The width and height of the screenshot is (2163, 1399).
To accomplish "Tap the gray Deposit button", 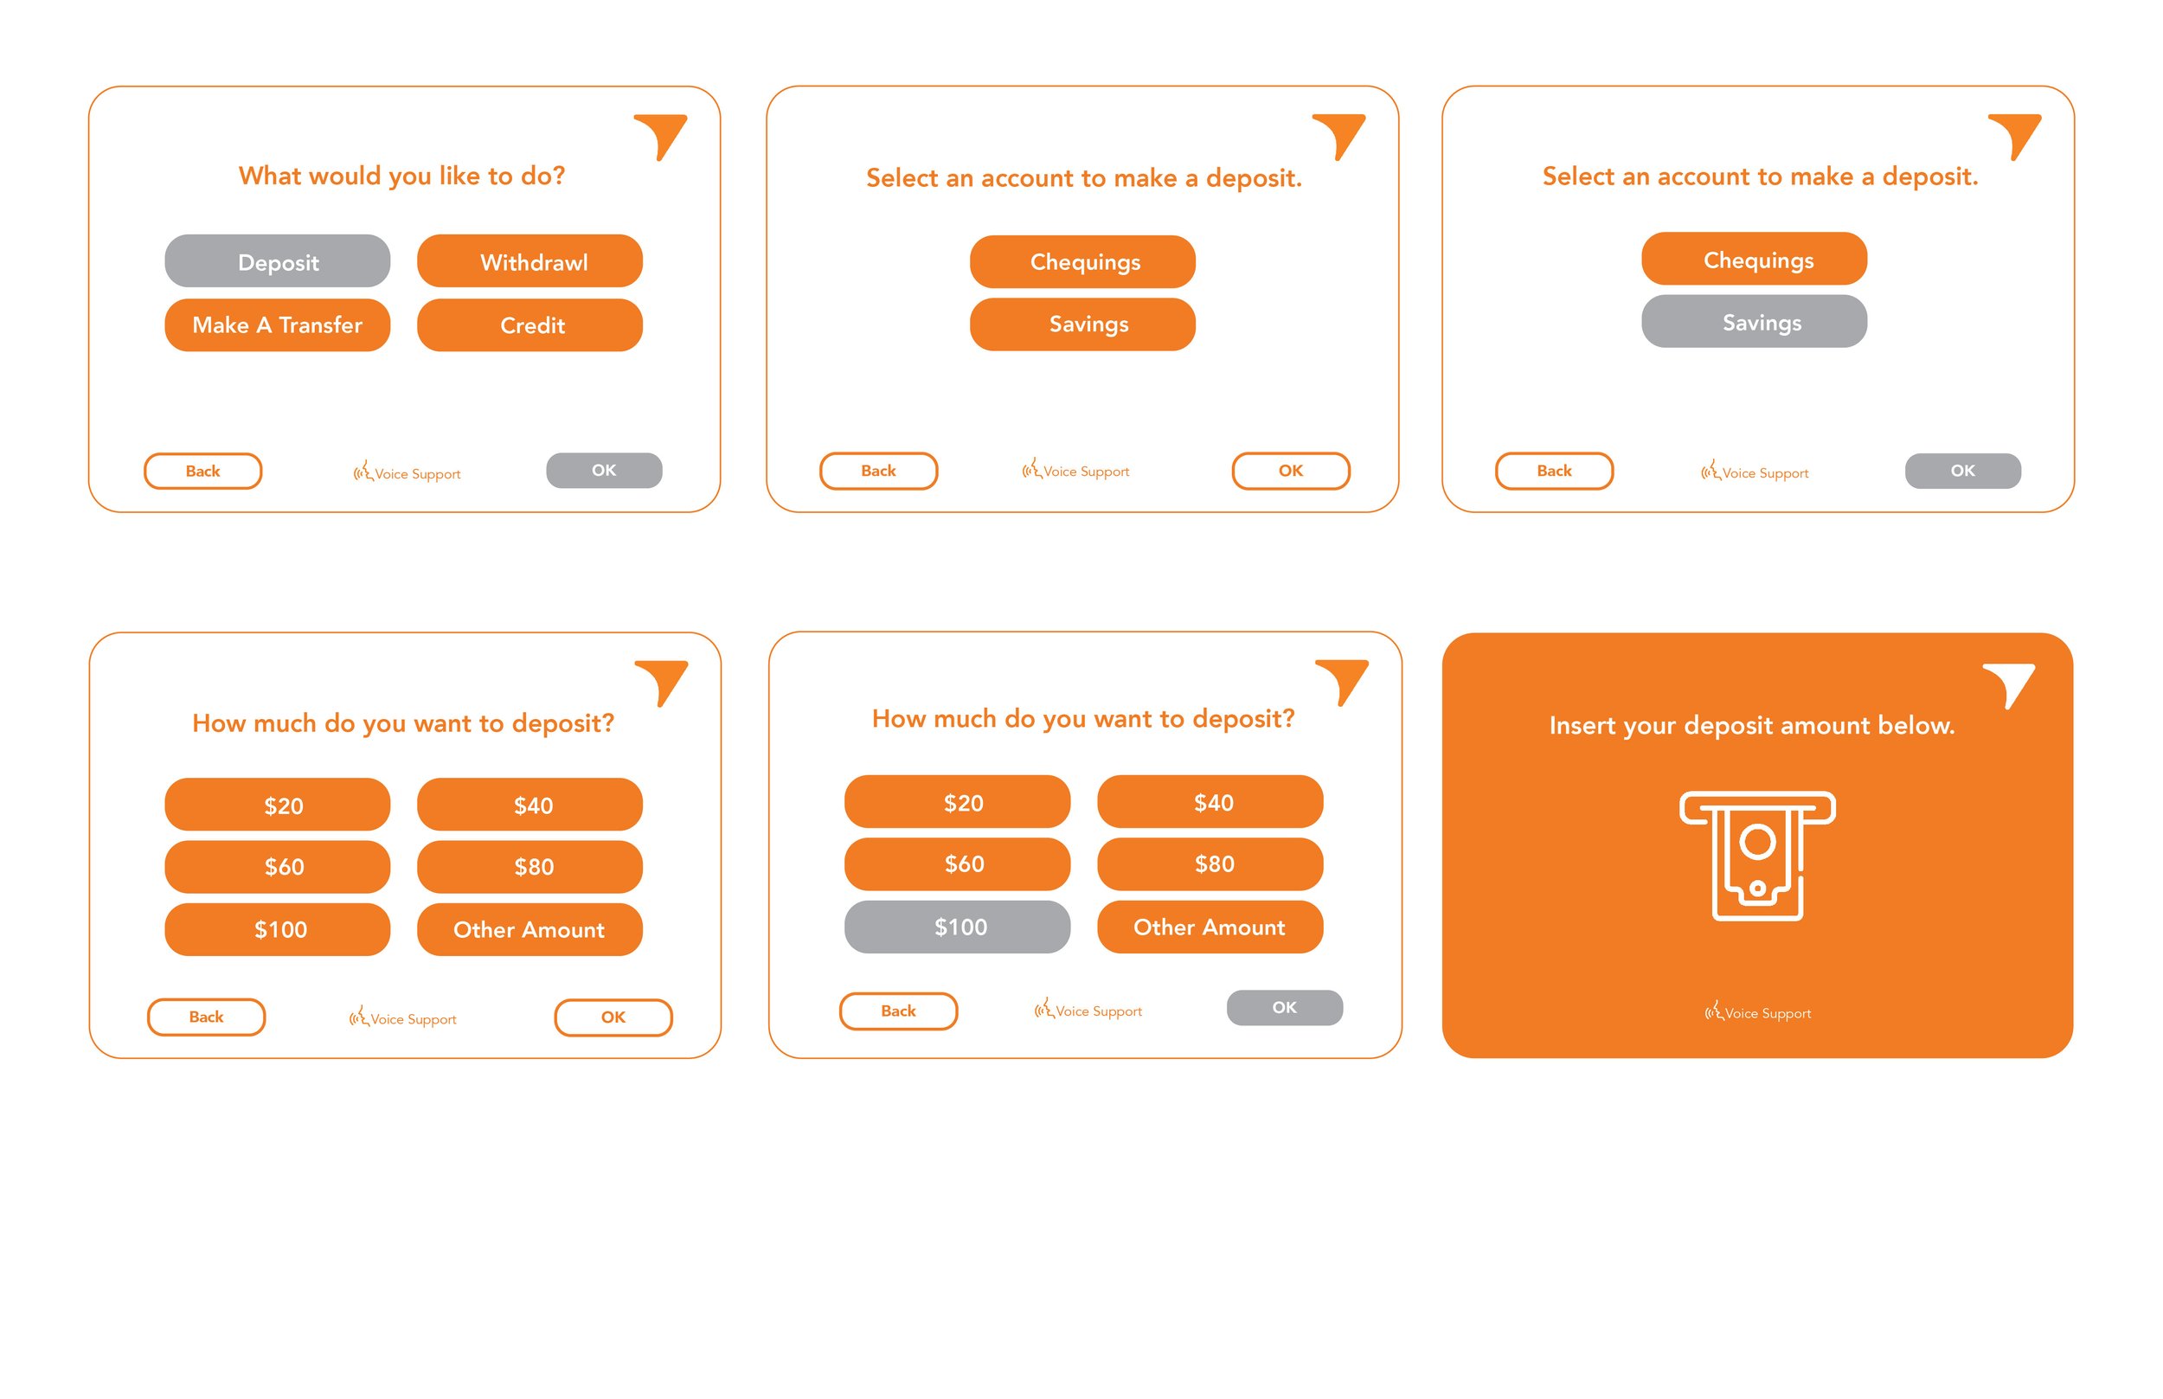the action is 277,261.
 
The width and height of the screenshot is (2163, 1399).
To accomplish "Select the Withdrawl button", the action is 530,261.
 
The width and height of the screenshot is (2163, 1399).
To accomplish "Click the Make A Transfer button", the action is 277,324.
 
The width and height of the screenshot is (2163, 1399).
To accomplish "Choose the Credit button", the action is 530,324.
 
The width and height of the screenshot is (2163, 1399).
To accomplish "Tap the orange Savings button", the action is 1082,324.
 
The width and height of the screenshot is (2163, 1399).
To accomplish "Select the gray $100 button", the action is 957,927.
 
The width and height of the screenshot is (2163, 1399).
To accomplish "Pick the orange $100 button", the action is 277,929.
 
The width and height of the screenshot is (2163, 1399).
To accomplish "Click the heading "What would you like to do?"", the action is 401,176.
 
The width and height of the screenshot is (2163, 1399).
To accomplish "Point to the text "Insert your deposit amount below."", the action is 1751,725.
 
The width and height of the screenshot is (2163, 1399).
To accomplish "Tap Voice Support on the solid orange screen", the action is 1757,1012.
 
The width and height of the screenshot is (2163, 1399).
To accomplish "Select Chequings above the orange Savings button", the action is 1082,261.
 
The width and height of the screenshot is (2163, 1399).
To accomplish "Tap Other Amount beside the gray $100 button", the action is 1210,927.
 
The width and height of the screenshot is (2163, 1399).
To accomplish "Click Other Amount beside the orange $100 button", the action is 530,929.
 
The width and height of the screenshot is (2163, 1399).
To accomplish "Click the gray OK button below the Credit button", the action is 604,470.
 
